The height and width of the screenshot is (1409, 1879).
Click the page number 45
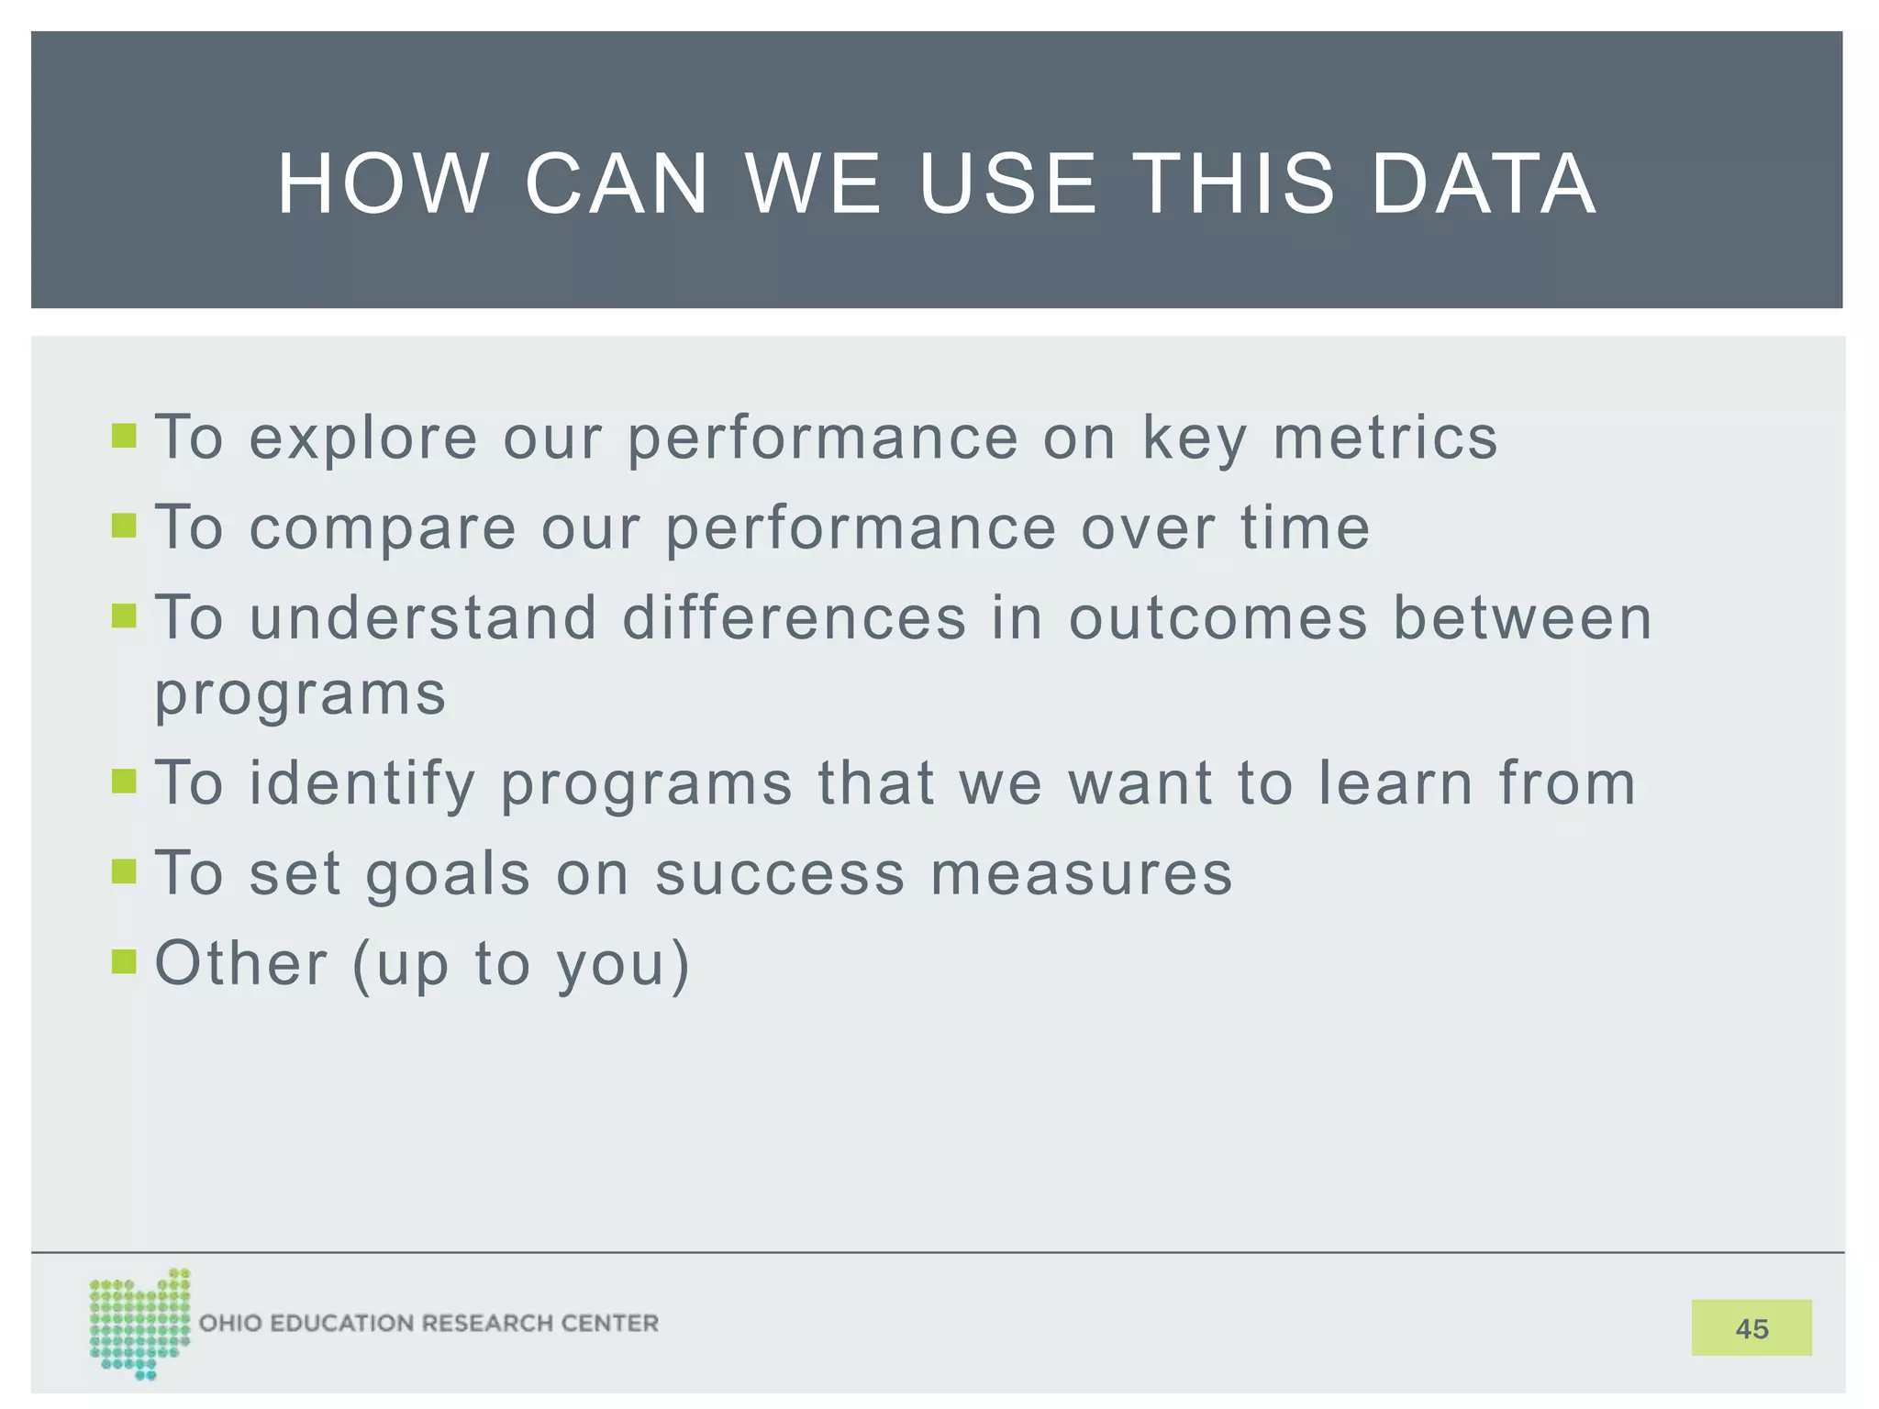(x=1751, y=1328)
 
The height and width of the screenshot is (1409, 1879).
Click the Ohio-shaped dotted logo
(x=139, y=1323)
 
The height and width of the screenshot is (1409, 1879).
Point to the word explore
(x=363, y=438)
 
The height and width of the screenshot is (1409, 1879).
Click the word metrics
(x=1384, y=438)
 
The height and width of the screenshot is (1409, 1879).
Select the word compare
(x=383, y=528)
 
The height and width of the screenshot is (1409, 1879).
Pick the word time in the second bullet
(x=1305, y=528)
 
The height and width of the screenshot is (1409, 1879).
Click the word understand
(x=423, y=617)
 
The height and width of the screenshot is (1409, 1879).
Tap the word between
(x=1522, y=617)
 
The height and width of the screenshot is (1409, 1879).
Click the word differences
(x=795, y=617)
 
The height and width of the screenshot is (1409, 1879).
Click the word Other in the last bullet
(x=241, y=963)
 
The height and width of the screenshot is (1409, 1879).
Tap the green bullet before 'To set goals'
(x=124, y=871)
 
